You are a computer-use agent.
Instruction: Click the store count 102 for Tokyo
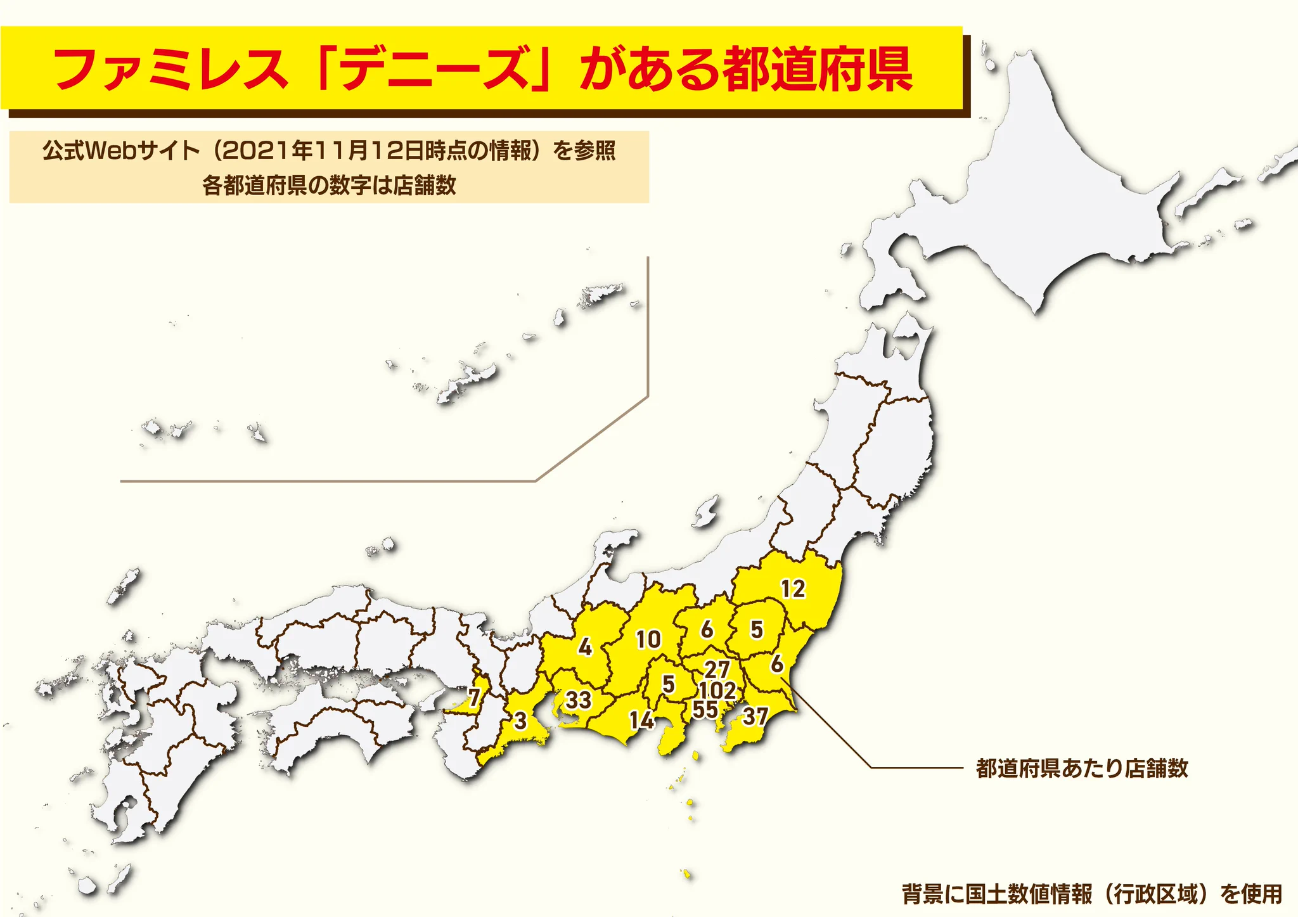pos(717,690)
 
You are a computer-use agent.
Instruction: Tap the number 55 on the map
pos(705,710)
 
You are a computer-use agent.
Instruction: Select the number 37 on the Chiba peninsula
pos(755,717)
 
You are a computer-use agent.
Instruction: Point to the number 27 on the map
pos(717,669)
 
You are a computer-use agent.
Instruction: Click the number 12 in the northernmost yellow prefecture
pos(793,589)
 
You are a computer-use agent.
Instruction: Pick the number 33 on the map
pos(578,700)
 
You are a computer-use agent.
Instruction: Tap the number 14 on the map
pos(641,720)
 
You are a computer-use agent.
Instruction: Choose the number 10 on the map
pos(648,639)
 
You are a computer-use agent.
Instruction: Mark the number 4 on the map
pos(585,647)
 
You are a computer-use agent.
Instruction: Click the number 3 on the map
pos(520,721)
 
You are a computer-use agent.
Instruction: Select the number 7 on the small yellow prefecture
pos(474,698)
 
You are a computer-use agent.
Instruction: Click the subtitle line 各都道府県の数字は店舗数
pos(329,186)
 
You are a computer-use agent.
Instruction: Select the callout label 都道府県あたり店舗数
pos(1081,768)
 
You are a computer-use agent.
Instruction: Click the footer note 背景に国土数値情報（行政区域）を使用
pos(1091,894)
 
